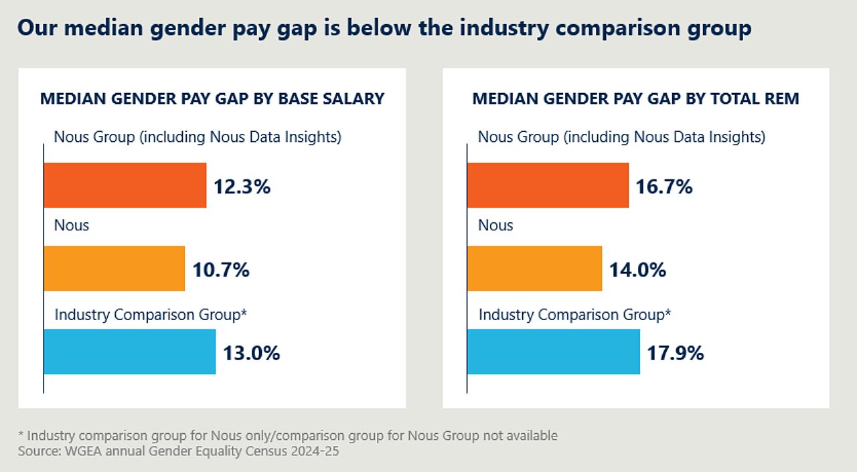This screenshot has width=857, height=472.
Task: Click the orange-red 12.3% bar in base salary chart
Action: point(125,185)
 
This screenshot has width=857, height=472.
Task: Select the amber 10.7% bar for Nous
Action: point(114,268)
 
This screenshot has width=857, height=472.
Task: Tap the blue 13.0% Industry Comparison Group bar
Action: point(130,351)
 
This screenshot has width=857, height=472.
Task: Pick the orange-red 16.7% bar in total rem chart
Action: point(548,185)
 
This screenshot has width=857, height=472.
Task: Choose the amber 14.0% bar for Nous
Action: point(534,268)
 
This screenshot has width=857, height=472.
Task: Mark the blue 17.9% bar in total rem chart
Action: point(553,351)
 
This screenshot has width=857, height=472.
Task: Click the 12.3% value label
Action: point(242,187)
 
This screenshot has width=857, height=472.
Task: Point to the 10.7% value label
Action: point(221,270)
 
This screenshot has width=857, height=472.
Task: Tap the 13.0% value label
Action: point(251,353)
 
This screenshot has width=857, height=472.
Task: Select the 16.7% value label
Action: point(664,187)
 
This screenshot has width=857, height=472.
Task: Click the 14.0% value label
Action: point(637,270)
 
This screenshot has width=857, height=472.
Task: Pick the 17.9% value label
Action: point(675,353)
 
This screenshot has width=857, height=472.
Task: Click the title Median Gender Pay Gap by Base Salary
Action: point(212,99)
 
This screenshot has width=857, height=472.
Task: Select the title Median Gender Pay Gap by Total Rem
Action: point(635,99)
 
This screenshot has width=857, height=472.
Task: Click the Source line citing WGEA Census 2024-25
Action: point(179,451)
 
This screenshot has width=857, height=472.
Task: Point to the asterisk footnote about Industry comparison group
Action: point(288,436)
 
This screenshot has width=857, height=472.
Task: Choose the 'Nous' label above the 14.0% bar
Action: point(495,225)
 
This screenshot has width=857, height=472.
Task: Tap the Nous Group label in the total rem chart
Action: point(621,137)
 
